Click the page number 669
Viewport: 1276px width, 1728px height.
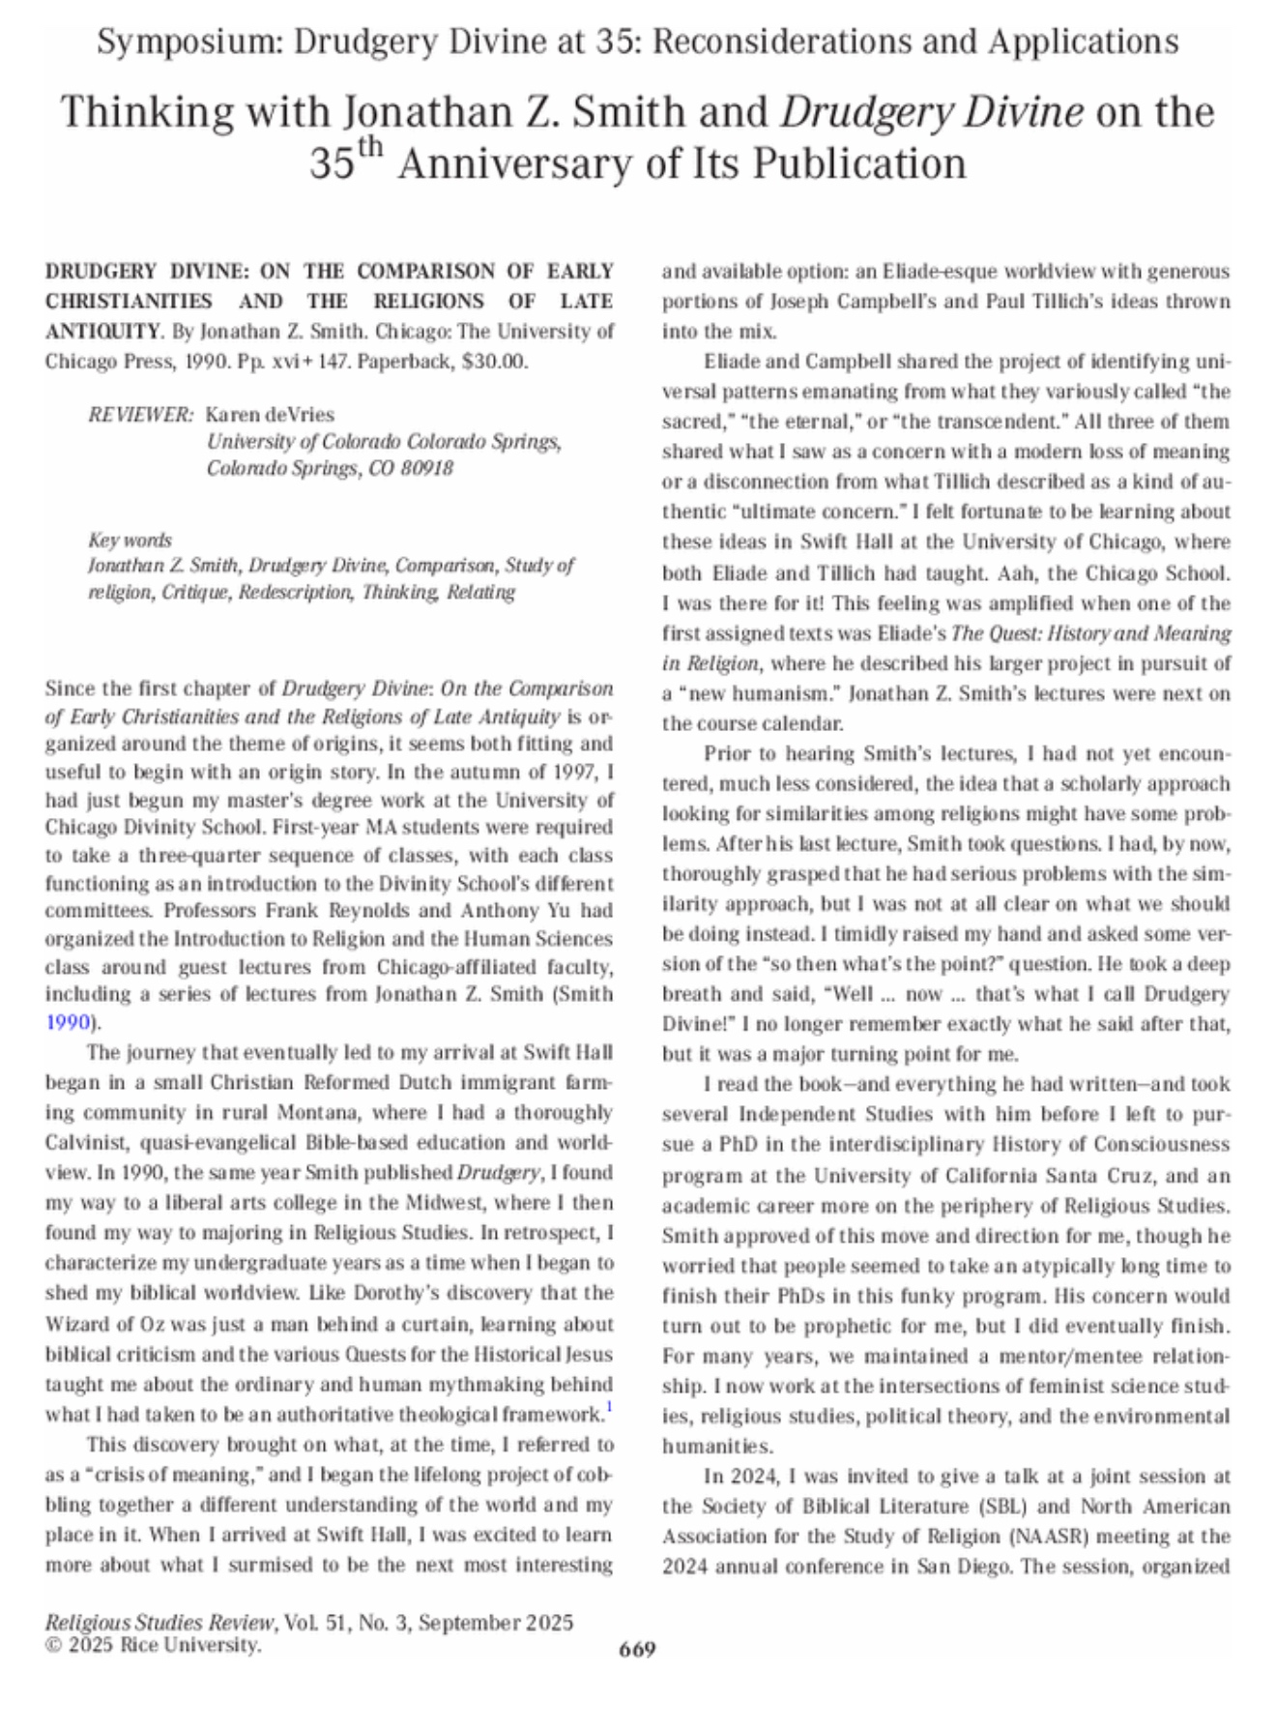point(637,1649)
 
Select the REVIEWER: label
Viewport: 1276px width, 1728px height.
point(141,415)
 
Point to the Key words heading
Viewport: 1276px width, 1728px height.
point(130,540)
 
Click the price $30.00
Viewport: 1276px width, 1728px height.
point(495,362)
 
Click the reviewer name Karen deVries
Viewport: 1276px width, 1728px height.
point(270,415)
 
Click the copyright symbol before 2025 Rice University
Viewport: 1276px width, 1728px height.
point(52,1645)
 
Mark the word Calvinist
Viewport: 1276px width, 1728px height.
point(88,1142)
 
